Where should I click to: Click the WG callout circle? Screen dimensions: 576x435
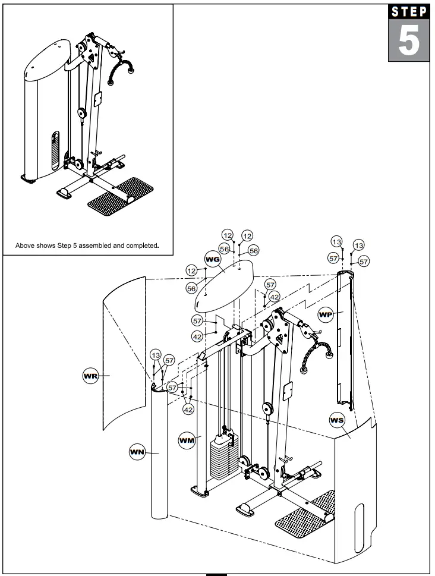pos(213,259)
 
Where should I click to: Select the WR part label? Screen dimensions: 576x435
pos(90,376)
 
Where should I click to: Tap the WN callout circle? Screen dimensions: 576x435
pos(137,453)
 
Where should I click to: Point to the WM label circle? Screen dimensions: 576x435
pos(187,440)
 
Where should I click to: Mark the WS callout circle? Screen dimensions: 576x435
pos(336,420)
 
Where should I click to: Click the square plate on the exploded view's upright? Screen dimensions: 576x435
pos(288,391)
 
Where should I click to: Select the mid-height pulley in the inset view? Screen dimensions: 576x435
pos(82,113)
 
